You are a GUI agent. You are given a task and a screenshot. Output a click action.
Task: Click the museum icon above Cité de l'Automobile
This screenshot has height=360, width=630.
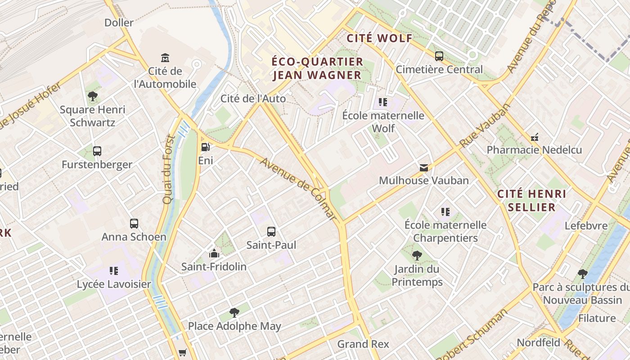165,58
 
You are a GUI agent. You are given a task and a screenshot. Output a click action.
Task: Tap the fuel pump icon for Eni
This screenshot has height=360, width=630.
205,147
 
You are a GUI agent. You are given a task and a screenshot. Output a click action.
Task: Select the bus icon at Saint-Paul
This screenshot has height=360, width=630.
271,232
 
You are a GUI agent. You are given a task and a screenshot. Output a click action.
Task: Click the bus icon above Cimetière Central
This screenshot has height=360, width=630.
439,56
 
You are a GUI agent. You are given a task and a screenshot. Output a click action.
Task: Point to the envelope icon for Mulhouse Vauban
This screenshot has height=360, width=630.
423,167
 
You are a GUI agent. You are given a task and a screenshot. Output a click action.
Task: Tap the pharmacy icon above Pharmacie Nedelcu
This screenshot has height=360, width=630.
535,137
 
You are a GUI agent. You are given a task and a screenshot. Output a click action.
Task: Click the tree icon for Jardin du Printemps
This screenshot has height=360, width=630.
417,256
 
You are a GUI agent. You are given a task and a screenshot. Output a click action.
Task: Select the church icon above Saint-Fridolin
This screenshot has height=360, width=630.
214,253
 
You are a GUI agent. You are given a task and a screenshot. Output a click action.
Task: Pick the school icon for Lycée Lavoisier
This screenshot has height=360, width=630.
114,271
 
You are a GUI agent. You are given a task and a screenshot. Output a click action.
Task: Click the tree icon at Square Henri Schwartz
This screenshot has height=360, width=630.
93,96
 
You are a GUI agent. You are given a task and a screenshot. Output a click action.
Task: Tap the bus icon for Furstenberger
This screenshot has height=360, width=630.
97,151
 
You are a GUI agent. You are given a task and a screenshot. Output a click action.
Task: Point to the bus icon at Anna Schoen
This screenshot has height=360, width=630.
134,223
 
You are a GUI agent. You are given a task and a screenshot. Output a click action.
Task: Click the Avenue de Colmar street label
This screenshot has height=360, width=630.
298,189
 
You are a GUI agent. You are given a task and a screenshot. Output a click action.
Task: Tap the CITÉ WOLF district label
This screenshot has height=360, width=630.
379,38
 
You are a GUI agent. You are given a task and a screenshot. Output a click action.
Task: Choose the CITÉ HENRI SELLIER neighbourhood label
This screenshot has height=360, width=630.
531,201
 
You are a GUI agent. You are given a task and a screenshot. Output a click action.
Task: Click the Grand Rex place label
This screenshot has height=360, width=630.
363,344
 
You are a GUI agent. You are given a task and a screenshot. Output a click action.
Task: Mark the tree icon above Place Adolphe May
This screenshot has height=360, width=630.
234,312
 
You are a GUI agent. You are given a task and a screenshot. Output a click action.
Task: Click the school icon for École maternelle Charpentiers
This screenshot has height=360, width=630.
445,211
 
